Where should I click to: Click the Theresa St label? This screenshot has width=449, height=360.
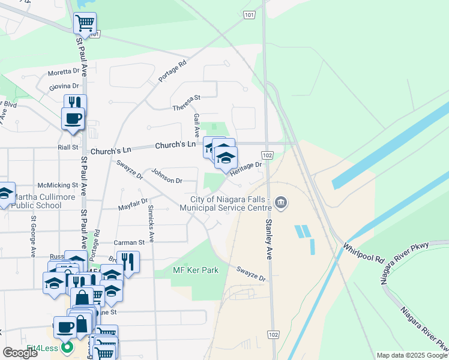(x=186, y=107)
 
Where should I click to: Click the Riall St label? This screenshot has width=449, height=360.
(x=67, y=147)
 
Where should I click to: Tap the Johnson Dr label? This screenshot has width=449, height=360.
(x=166, y=180)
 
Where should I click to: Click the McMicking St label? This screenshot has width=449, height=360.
(x=58, y=186)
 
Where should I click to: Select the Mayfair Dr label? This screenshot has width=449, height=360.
(x=133, y=205)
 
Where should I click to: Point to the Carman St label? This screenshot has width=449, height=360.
(x=130, y=243)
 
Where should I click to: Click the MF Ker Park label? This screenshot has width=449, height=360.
(x=196, y=271)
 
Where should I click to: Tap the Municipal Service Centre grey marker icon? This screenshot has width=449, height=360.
(x=281, y=204)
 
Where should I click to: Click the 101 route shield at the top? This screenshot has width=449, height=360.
(x=250, y=14)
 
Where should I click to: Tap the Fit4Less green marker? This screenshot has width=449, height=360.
(x=67, y=347)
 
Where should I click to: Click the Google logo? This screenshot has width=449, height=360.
(x=20, y=353)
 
